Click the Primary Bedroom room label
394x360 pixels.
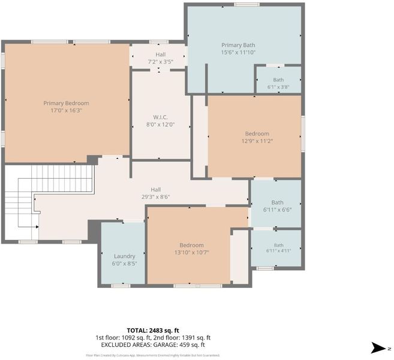point(66,103)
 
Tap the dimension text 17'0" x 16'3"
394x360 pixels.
point(67,110)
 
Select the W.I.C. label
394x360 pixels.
point(160,117)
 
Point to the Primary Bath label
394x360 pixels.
point(238,45)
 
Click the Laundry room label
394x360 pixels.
point(125,256)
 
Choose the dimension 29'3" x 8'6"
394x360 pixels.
point(155,197)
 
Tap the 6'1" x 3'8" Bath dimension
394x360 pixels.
point(278,87)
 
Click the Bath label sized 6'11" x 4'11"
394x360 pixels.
point(279,245)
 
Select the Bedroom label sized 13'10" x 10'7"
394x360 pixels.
point(192,245)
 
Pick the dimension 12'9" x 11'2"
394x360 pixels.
point(257,141)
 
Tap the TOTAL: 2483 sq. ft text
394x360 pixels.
point(153,331)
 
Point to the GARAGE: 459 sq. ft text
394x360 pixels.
point(179,344)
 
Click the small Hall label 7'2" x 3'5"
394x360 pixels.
point(160,55)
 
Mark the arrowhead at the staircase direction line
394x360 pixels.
point(37,227)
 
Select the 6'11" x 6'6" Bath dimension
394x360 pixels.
point(278,209)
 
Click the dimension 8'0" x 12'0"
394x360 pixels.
point(160,124)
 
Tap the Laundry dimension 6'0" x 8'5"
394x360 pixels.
point(125,264)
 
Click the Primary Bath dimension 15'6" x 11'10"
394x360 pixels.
point(238,53)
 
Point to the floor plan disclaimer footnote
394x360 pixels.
point(153,355)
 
